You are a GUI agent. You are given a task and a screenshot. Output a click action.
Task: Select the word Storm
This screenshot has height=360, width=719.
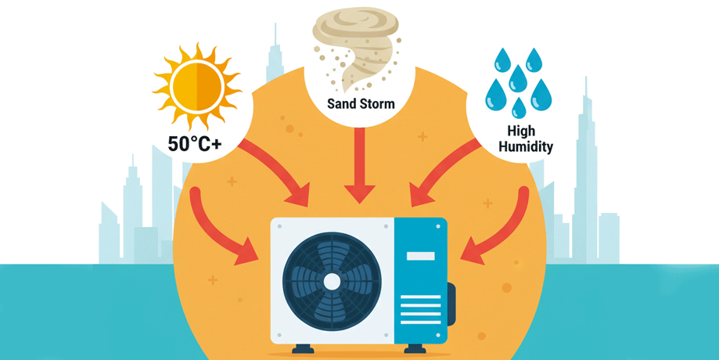[376, 103]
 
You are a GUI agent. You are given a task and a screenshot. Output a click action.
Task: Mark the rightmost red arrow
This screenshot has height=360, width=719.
[501, 231]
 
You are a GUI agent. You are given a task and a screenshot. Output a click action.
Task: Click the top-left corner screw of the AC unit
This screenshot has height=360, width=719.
[278, 226]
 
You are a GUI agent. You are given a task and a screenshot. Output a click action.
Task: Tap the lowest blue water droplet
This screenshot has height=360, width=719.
[516, 107]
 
